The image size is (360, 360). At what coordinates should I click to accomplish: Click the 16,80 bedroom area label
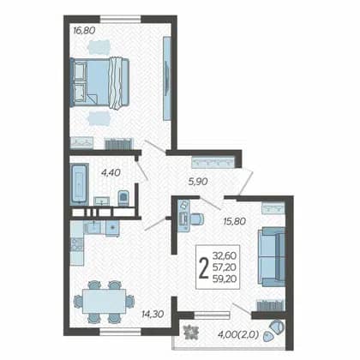84,30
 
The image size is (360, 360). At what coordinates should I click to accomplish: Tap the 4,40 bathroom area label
111,172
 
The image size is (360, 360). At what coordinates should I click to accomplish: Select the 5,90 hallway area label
198,181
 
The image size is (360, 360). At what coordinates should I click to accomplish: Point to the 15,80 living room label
234,221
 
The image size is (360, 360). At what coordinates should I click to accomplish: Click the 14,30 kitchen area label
153,314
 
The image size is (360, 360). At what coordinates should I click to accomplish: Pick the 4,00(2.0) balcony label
238,334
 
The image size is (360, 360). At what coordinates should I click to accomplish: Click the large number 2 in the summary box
204,267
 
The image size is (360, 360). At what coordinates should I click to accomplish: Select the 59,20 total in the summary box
225,279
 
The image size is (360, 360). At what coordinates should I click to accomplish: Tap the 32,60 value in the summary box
225,255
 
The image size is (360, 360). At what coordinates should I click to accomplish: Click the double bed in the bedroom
99,83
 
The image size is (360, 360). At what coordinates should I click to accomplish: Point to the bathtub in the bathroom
79,183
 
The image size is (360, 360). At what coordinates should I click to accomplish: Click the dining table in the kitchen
104,301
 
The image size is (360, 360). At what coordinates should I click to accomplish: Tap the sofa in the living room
272,257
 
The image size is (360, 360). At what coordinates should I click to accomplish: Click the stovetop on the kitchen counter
77,244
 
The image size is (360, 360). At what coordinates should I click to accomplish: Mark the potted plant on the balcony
191,332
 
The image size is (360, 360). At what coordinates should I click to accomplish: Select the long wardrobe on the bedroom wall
167,78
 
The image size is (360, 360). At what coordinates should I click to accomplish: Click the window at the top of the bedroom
121,19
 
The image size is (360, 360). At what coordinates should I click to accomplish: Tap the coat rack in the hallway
213,163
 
